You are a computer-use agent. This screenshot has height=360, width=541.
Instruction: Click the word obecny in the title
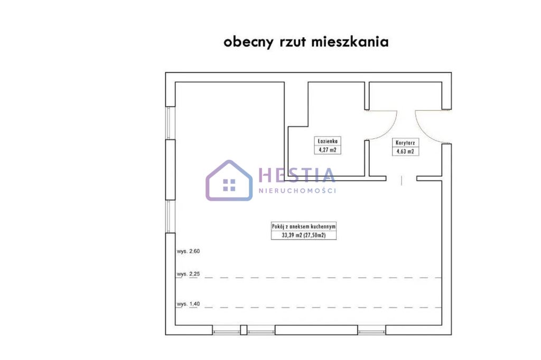coord(248,42)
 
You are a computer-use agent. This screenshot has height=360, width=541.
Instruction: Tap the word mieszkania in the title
coord(350,41)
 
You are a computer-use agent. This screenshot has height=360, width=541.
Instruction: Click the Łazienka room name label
coord(328,141)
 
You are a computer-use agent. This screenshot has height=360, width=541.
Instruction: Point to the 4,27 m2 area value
coord(328,150)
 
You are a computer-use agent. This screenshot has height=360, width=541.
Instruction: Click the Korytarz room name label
coord(405,143)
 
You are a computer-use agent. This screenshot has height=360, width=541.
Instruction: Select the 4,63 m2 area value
coord(405,151)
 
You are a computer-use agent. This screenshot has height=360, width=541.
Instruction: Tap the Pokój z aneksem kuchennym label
coord(304,226)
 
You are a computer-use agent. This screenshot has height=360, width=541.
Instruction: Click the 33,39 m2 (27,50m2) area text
coord(304,235)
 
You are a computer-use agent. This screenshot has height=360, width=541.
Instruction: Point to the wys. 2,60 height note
coord(189,251)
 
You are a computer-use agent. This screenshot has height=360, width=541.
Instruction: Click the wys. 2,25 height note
coord(189,274)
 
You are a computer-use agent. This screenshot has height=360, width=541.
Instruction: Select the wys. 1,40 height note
coord(189,304)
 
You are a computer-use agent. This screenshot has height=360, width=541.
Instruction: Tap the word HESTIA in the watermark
coord(297,175)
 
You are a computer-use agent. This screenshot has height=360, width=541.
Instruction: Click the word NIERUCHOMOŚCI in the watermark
coord(297,191)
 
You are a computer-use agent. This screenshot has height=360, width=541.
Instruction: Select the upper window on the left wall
coord(169,123)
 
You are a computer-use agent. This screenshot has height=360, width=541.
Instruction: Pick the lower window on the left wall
coord(169,216)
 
